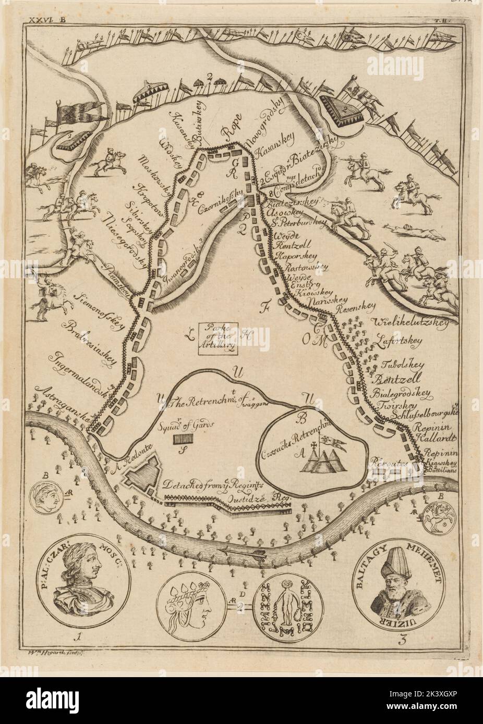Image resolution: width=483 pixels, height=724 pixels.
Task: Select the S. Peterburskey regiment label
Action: click(x=298, y=224)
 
